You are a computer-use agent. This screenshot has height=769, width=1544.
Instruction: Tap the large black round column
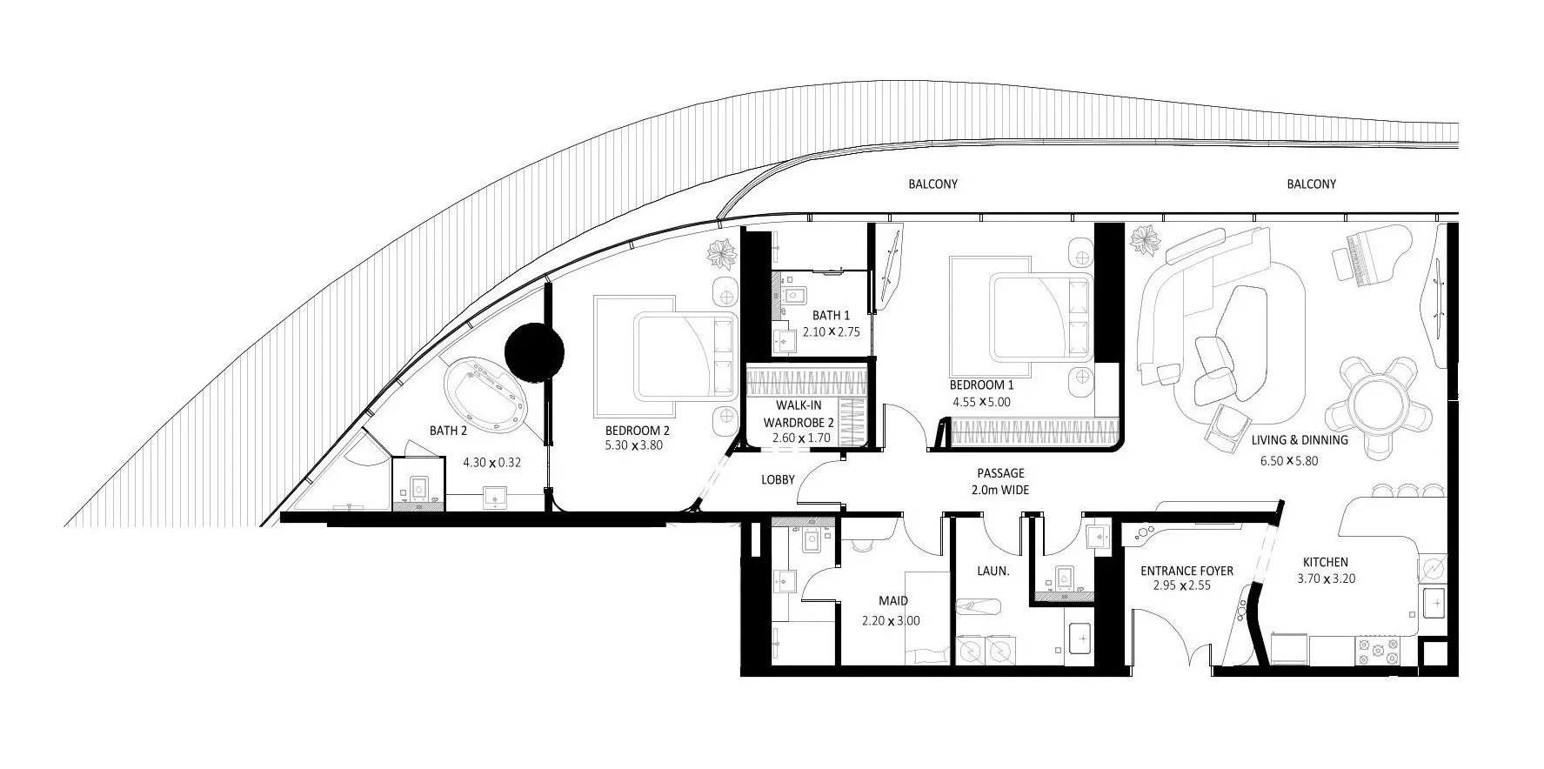coord(535,351)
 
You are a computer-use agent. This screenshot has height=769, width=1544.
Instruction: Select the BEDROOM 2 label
coord(637,431)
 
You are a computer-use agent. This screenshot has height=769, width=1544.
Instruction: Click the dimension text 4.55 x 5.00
coord(981,402)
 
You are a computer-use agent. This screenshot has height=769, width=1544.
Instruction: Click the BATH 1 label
coord(831,316)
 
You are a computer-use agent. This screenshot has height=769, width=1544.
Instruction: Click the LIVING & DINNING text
coord(1300,440)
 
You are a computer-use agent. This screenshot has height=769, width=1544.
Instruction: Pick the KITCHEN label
coord(1325,562)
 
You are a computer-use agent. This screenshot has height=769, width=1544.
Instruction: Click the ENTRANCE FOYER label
coord(1186,571)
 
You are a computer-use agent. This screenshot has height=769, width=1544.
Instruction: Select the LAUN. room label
coord(993,572)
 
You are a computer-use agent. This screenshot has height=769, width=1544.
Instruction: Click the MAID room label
coord(892,601)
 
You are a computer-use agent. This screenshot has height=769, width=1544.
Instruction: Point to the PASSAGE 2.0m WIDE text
coord(999,482)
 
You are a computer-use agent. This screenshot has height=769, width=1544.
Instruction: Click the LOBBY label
coord(778,479)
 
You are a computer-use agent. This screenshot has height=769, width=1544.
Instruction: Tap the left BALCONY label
coord(932,184)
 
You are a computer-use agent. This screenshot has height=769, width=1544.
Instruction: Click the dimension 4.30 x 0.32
coord(491,463)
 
